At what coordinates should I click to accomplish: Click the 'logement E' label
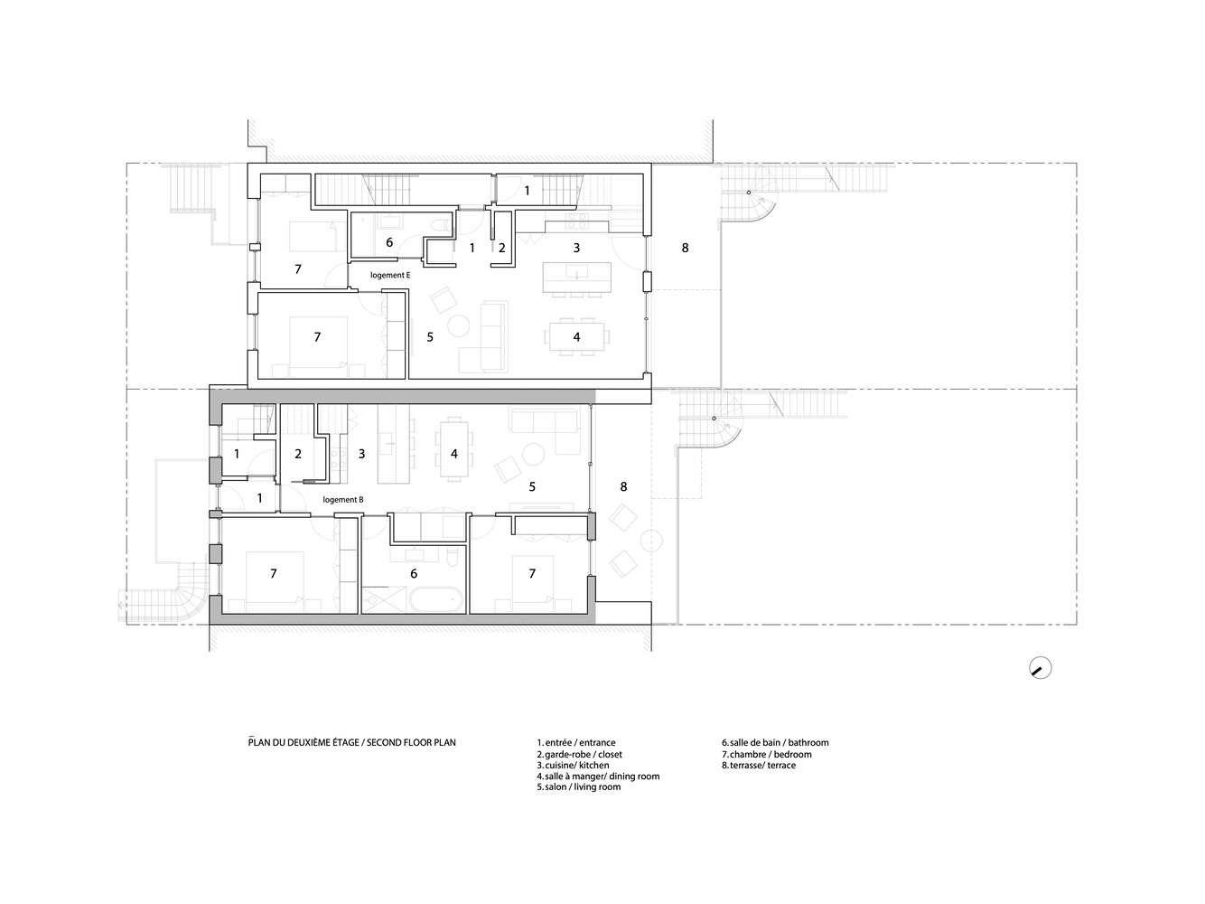tap(390, 275)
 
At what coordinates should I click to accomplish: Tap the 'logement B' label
tap(343, 499)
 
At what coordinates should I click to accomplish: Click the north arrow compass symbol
tap(1041, 668)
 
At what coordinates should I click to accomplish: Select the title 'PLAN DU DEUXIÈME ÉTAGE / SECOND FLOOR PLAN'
tap(352, 743)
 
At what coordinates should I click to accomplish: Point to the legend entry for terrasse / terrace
tap(758, 766)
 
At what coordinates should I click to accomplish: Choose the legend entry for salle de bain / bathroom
tap(774, 743)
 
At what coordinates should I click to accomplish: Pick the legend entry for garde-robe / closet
tap(579, 754)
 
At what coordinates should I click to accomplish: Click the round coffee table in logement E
tap(459, 324)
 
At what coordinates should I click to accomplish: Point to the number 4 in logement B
tap(454, 453)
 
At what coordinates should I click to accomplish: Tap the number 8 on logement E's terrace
tap(685, 248)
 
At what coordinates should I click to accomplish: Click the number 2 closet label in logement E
tap(501, 248)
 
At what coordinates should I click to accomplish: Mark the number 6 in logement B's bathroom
tap(414, 573)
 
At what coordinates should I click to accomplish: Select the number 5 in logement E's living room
tap(430, 337)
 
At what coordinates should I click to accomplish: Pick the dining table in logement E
tap(576, 336)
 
